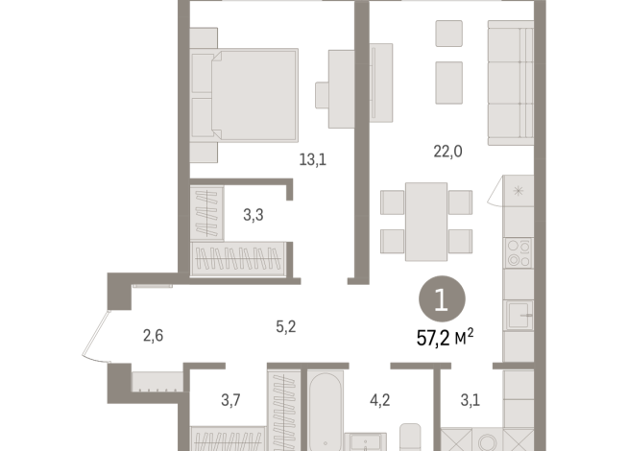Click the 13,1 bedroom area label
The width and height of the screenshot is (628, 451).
tap(312, 160)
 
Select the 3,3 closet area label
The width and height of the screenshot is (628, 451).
tap(254, 215)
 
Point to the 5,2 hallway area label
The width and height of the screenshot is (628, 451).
tap(285, 326)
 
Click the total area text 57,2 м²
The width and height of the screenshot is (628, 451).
tap(444, 339)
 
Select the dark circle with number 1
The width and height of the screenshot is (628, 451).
tap(441, 300)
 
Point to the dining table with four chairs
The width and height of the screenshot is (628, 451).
tap(426, 220)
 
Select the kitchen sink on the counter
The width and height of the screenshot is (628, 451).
tap(519, 315)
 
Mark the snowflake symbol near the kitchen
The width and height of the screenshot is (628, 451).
tap(519, 190)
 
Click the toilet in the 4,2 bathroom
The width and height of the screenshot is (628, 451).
tap(411, 437)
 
